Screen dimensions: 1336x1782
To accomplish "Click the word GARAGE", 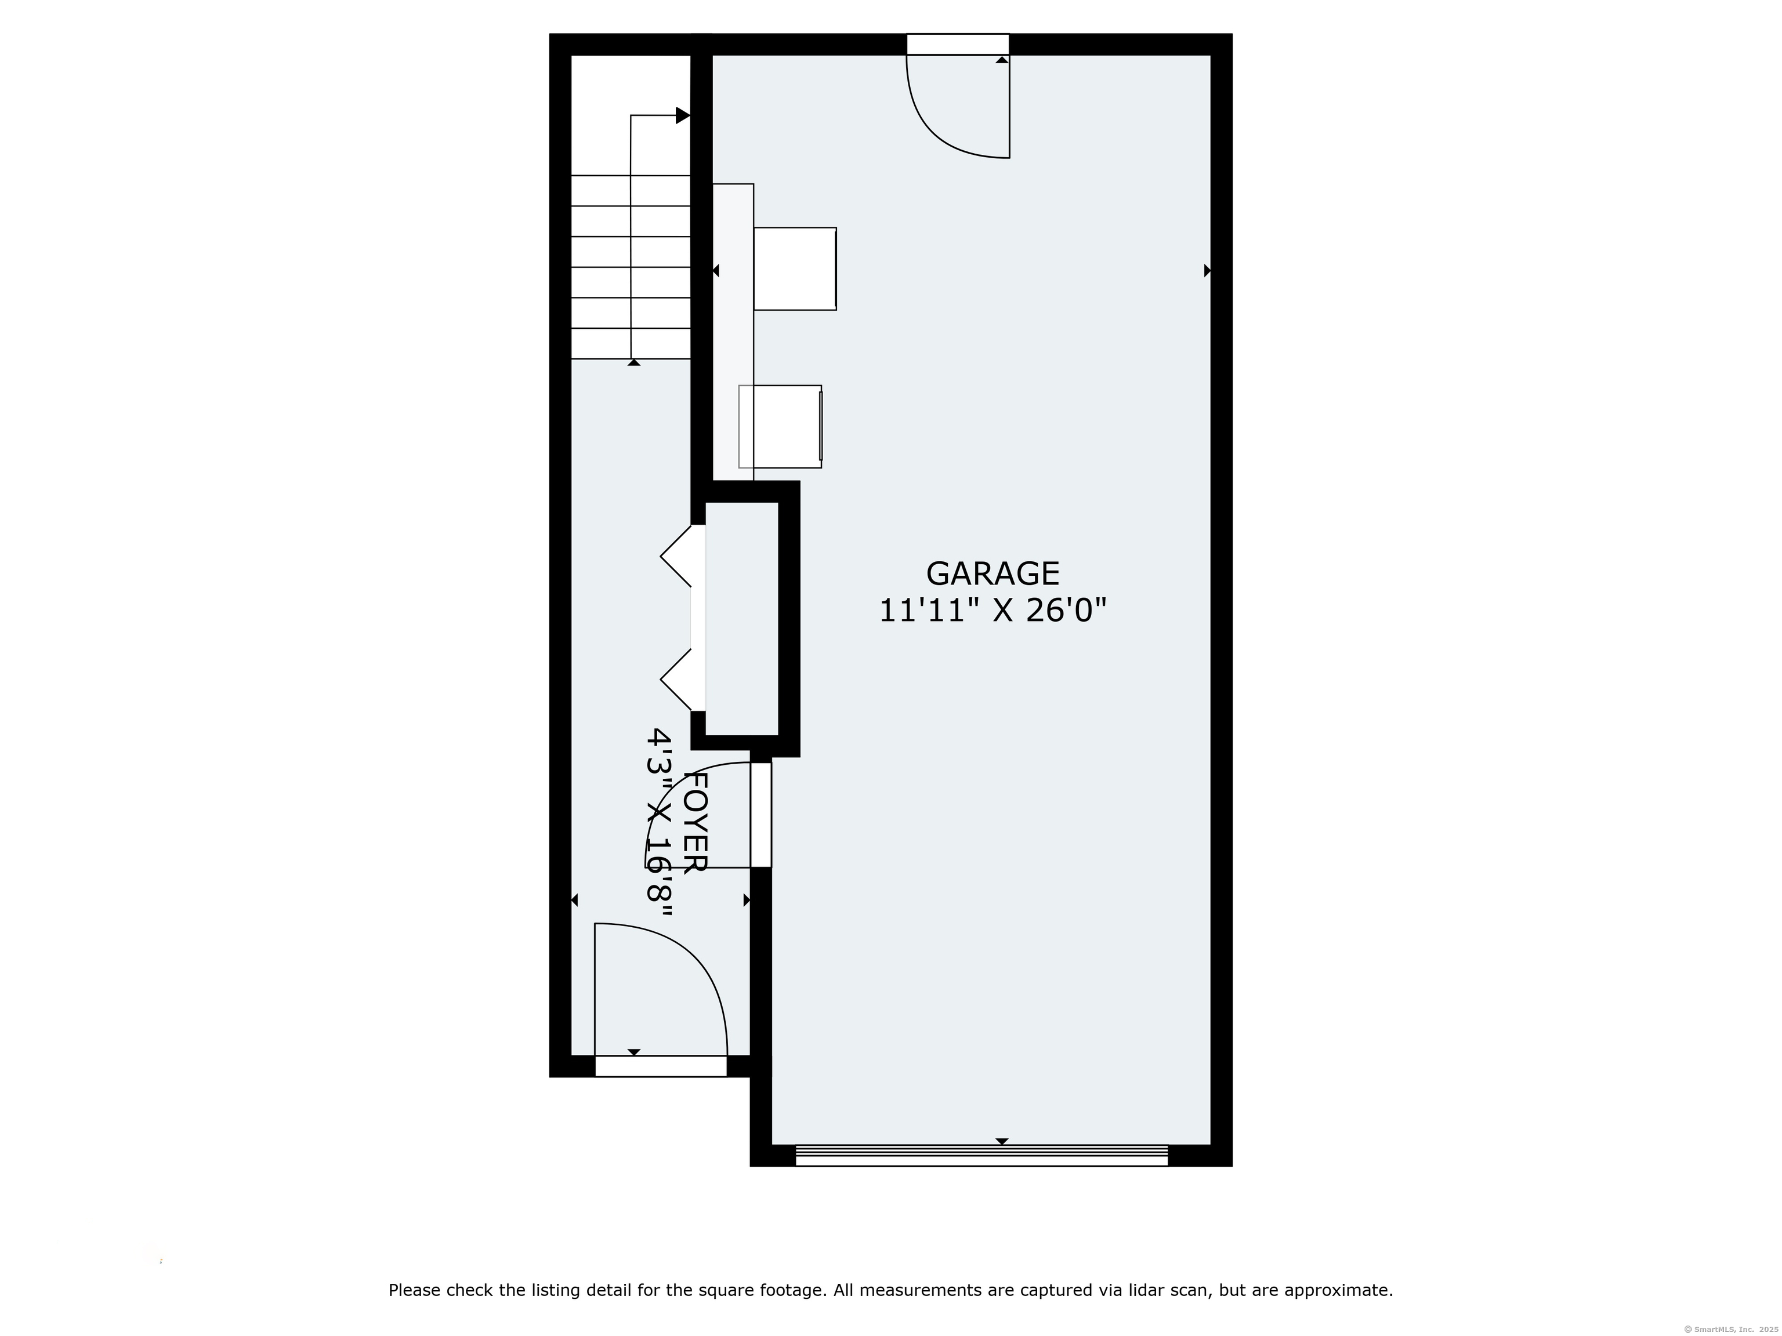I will click(992, 573).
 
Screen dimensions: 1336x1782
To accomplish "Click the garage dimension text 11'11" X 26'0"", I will click(992, 611).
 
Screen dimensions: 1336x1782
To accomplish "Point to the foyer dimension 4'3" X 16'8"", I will click(660, 822).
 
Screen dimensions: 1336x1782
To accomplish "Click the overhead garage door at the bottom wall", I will click(981, 1155).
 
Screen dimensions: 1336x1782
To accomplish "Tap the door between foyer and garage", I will click(760, 814).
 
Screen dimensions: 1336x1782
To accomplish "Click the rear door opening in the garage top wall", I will click(957, 44).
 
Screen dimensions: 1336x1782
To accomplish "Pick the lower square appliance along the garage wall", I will click(780, 426).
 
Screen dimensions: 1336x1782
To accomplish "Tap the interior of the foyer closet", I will click(741, 619).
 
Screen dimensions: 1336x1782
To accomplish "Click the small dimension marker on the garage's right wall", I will click(1207, 271).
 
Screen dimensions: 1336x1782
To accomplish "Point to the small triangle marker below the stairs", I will click(634, 362).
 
